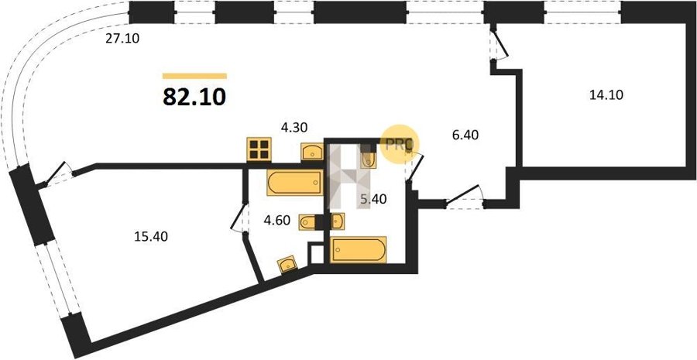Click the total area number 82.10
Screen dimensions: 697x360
194,97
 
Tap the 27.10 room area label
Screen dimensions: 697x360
122,39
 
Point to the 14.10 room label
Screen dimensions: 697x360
606,94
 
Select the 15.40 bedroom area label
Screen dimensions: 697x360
151,237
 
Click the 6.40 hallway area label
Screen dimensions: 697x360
465,135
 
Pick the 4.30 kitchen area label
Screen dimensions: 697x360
294,128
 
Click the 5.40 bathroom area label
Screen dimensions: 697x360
373,200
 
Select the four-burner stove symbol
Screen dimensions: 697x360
259,149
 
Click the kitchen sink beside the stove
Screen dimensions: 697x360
313,152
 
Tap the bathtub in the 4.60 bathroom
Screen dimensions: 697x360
295,182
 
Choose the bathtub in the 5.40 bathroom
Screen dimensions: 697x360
359,250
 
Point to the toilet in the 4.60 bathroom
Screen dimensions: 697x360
307,221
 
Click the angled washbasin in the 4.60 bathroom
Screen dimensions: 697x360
287,264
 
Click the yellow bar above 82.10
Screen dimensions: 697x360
194,76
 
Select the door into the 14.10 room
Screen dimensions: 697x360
500,43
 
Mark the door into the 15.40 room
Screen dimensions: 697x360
56,173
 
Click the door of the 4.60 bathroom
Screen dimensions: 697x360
239,218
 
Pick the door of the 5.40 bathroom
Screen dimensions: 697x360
415,166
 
